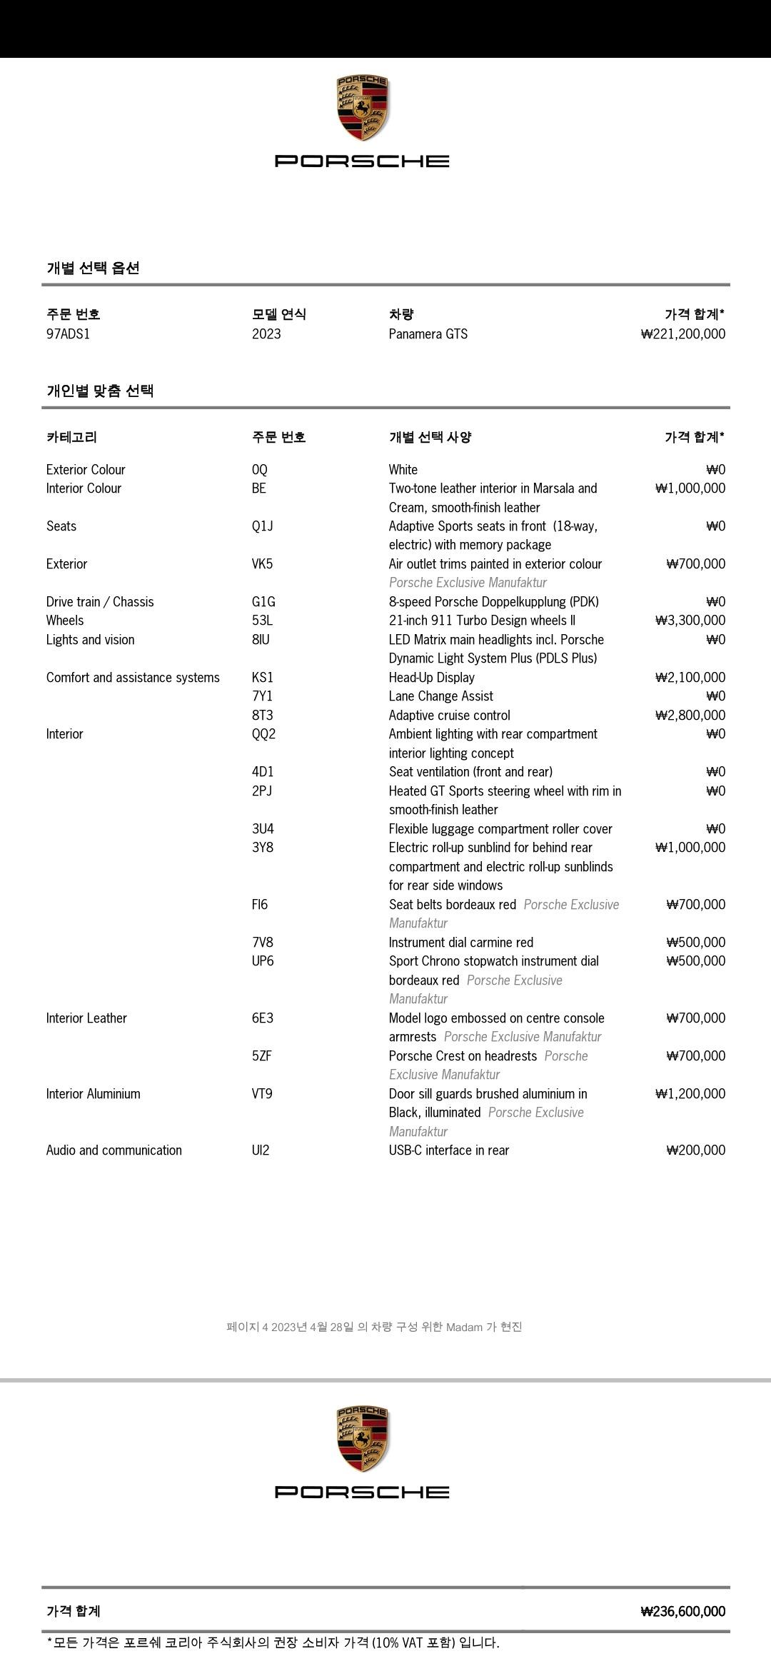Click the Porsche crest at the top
point(362,109)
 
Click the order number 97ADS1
point(69,334)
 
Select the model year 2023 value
point(266,334)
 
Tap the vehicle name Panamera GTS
point(428,334)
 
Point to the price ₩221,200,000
point(683,334)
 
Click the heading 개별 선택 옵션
point(93,269)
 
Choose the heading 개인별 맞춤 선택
point(100,391)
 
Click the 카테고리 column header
point(71,437)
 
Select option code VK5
point(262,564)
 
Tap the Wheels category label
point(65,621)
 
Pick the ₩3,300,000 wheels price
point(690,621)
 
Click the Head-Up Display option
point(432,678)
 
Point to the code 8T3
point(262,716)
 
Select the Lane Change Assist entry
point(441,696)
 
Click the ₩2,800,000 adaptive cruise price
point(690,716)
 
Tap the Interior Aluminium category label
point(94,1094)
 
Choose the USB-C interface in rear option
point(449,1150)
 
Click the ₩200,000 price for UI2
point(696,1150)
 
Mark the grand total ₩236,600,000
point(683,1612)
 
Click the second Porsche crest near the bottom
point(362,1440)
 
